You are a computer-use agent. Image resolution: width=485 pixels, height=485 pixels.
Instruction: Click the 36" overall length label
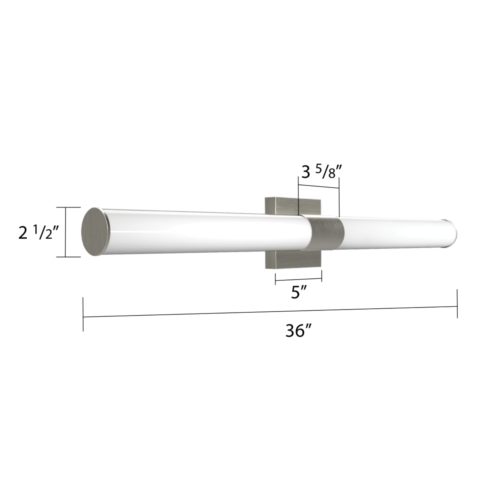(299, 331)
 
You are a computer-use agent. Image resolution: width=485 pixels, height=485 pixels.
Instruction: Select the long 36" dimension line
(270, 312)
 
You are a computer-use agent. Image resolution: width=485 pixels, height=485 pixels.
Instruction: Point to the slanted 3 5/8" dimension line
(319, 186)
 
